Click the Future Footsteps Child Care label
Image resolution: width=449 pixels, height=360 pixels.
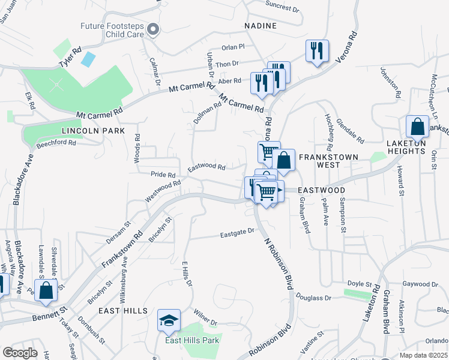113,30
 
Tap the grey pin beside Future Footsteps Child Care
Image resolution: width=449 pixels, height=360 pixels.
153,29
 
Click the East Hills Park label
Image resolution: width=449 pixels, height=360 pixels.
192,341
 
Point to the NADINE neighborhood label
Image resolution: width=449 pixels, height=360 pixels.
261,26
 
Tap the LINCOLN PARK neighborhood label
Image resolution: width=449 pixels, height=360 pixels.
92,130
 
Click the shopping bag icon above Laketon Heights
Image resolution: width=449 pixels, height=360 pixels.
417,127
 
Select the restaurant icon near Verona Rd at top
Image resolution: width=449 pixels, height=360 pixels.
316,50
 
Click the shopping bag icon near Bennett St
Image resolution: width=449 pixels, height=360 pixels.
46,290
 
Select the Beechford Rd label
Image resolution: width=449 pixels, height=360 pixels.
56,143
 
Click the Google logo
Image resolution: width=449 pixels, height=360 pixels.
20,352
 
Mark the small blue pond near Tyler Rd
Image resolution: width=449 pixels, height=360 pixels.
88,59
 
